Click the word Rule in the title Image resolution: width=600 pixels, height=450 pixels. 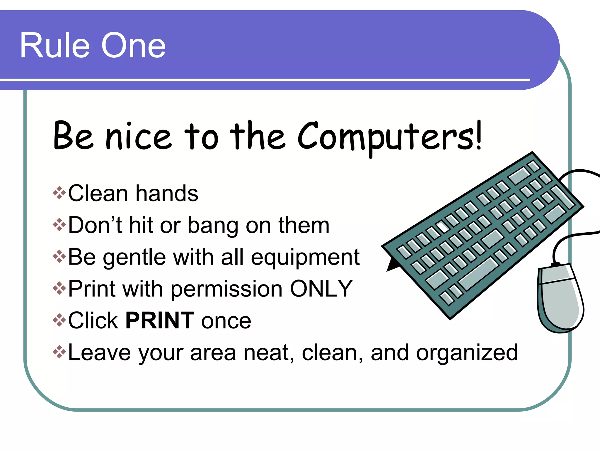tap(54, 46)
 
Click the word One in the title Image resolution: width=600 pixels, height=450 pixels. tap(133, 46)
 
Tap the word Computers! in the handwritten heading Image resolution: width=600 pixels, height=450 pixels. tap(390, 137)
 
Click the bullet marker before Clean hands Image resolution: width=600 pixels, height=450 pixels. tap(59, 193)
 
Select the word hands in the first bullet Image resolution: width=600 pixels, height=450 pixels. tap(167, 193)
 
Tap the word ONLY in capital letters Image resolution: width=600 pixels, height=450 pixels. tap(321, 289)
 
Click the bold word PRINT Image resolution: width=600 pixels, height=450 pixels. tap(160, 321)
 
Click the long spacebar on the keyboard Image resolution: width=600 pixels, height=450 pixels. tap(478, 274)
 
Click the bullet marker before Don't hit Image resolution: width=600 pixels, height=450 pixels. tap(59, 225)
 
